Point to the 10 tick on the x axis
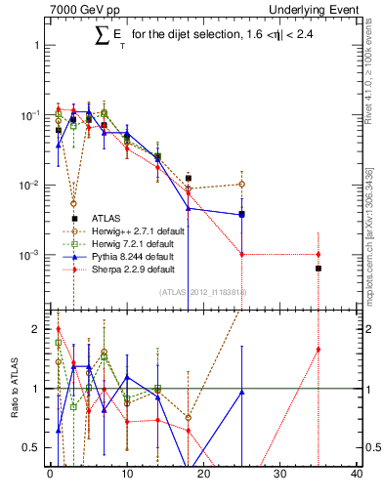126,476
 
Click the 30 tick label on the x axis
279,476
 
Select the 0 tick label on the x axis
50,476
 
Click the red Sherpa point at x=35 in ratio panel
319,350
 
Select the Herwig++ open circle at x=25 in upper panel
241,184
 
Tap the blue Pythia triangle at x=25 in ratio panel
241,392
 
